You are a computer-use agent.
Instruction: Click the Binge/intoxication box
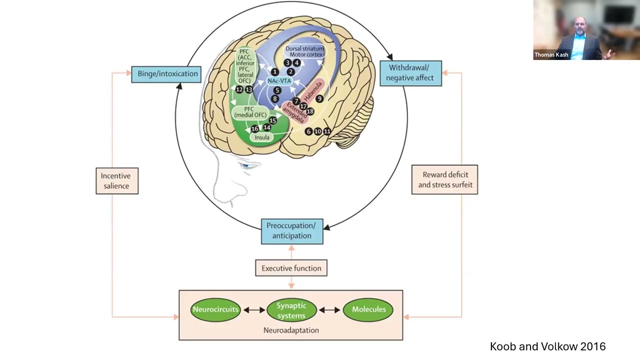point(166,74)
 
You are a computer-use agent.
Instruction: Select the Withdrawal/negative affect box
point(410,73)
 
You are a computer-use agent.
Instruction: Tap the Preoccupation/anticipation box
point(292,231)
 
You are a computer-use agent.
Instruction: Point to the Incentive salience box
point(117,180)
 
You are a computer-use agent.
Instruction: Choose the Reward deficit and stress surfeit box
point(444,179)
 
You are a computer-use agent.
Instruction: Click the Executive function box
point(291,268)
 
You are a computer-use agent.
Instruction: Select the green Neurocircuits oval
point(215,309)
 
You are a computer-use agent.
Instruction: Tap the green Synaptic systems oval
point(291,310)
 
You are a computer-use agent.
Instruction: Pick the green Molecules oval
point(368,309)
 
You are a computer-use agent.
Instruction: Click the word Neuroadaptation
point(291,330)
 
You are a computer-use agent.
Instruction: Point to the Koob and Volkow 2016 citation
point(547,346)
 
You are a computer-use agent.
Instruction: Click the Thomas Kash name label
point(551,55)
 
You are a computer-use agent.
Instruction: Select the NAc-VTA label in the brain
point(278,80)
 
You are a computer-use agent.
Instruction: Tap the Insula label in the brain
point(262,137)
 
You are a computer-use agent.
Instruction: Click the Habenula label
point(313,90)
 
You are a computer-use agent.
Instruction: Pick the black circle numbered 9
point(319,99)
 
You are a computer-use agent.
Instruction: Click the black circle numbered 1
point(274,72)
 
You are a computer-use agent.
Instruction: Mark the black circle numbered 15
point(272,120)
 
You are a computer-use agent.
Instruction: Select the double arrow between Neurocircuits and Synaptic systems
point(254,310)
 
